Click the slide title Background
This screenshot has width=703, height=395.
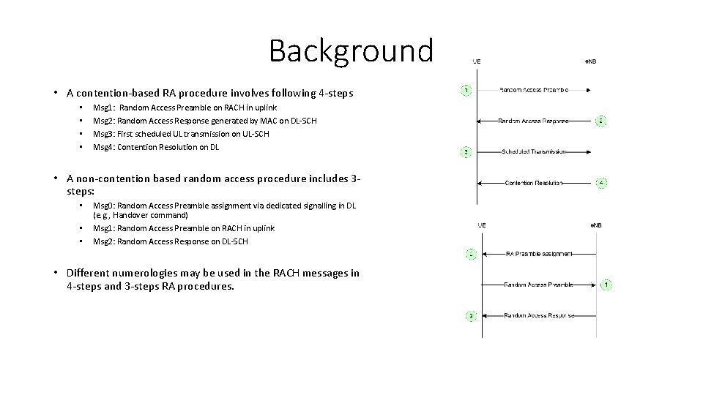pyautogui.click(x=351, y=50)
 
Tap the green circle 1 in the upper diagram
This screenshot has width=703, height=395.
pyautogui.click(x=466, y=90)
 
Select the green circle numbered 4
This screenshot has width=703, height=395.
pyautogui.click(x=601, y=183)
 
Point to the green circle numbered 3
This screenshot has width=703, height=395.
pyautogui.click(x=466, y=152)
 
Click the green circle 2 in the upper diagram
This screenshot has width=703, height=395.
pyautogui.click(x=600, y=121)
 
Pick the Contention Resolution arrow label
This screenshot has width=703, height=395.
pyautogui.click(x=534, y=183)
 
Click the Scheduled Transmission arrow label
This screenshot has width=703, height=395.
pyautogui.click(x=534, y=152)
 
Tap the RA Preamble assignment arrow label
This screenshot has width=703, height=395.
pyautogui.click(x=539, y=254)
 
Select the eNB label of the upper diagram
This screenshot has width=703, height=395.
pyautogui.click(x=590, y=61)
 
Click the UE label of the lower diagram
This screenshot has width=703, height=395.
pyautogui.click(x=481, y=225)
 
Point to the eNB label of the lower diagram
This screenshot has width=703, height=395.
pyautogui.click(x=595, y=225)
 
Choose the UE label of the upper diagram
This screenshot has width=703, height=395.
pyautogui.click(x=477, y=61)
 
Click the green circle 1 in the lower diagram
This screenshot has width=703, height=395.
pyautogui.click(x=608, y=285)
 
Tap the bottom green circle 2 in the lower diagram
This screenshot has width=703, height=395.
pyautogui.click(x=472, y=316)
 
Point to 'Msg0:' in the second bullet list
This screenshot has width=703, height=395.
pyautogui.click(x=104, y=206)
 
